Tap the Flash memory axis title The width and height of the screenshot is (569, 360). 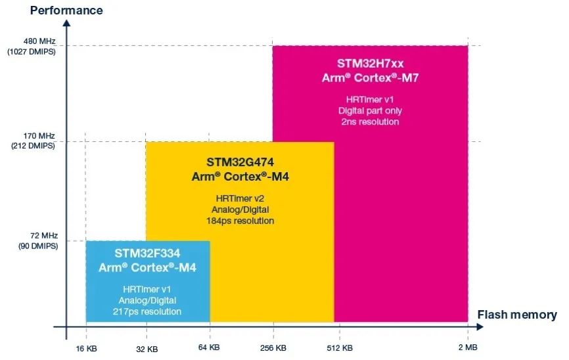pos(516,315)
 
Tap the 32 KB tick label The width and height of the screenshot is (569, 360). pos(147,348)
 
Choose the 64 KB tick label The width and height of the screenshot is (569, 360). pos(210,348)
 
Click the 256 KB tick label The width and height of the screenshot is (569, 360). pos(273,348)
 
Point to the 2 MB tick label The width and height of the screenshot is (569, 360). pos(467,348)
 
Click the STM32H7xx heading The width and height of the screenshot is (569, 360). pos(369,64)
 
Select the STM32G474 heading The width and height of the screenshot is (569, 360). pos(239,161)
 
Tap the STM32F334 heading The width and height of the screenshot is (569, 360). pos(147,253)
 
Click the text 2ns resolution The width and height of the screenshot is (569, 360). pos(369,122)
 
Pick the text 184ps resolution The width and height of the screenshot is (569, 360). pos(240,221)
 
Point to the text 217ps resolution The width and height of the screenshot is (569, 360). pos(147,311)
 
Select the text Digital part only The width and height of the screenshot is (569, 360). pos(369,110)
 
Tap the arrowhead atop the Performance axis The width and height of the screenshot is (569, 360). pos(66,23)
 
